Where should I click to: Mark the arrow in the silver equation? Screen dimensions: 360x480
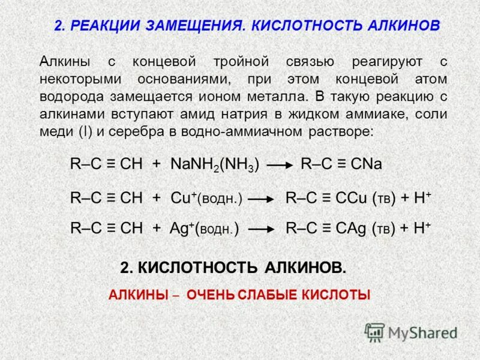[x=262, y=229]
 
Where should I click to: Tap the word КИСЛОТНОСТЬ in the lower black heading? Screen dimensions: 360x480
[x=197, y=268]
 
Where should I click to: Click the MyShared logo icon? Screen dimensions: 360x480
[x=374, y=332]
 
